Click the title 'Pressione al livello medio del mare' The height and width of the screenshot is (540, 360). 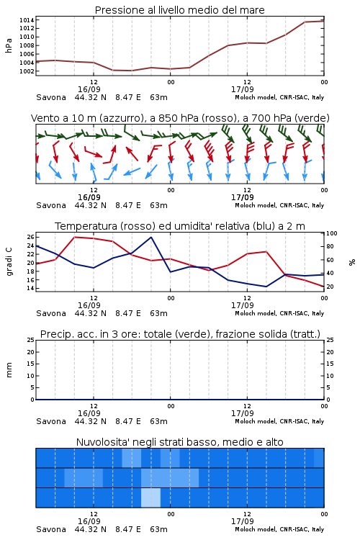pos(179,10)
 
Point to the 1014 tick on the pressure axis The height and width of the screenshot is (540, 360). pos(27,20)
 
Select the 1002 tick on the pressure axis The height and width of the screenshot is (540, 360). pos(27,71)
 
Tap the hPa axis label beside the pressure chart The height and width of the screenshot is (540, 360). pos(9,45)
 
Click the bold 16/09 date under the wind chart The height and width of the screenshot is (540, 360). pos(89,197)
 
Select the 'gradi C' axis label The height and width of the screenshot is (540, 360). pos(9,261)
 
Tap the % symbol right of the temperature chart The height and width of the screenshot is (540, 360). pos(352,262)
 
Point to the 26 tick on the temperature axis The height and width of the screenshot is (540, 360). pos(30,237)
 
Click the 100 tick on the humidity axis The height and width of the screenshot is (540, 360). pos(332,233)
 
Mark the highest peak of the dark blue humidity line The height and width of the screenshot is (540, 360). pos(151,237)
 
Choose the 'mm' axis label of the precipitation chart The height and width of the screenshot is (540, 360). pos(9,370)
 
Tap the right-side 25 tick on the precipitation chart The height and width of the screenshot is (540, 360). pos(330,340)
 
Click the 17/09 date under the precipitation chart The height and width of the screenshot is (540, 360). pos(242,413)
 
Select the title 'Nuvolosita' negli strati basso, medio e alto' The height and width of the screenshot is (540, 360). pos(179,442)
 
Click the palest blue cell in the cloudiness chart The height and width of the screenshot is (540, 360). pos(151,498)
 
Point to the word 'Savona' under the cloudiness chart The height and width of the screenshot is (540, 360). pos(51,529)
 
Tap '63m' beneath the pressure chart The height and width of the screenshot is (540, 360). pos(159,97)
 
